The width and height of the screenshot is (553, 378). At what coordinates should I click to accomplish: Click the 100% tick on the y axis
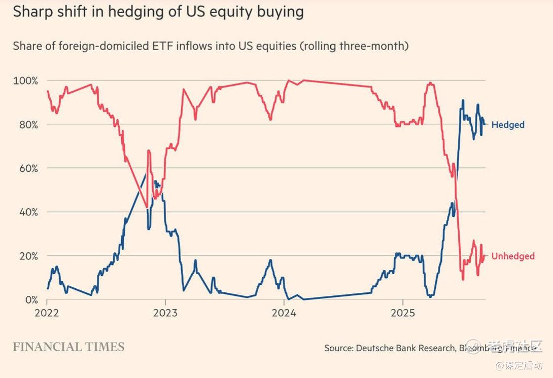25,81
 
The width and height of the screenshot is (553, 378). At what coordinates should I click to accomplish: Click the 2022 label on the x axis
47,313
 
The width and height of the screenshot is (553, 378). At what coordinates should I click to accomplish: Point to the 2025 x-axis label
403,313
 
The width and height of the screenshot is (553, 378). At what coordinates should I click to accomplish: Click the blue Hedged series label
508,125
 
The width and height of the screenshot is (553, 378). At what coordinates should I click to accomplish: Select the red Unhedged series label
513,256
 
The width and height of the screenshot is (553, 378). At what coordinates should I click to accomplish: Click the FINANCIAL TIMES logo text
68,347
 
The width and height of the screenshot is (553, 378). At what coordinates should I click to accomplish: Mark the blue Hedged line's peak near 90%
462,101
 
